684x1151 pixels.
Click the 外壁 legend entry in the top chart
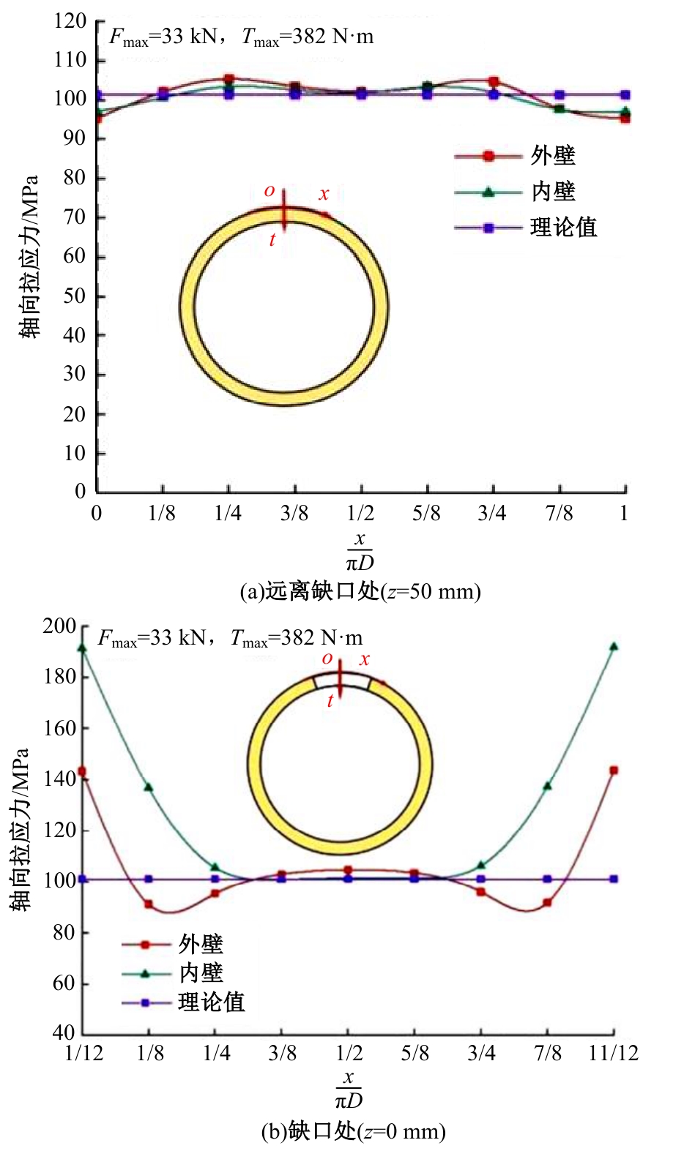552,156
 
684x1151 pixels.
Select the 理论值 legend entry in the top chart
562,228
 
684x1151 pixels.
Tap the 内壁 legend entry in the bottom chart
200,973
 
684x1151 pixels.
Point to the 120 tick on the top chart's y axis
70,21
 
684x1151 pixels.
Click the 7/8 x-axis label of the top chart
559,513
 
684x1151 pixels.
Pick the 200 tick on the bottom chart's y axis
59,626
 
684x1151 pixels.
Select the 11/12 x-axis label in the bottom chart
614,1053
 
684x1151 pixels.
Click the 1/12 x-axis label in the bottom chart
84,1053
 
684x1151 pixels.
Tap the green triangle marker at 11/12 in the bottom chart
614,647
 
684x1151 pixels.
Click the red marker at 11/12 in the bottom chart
614,771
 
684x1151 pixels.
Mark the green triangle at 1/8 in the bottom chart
149,787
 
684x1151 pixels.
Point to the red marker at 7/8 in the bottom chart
547,903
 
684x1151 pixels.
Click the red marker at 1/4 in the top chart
228,79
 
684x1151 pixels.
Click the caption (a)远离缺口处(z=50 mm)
360,591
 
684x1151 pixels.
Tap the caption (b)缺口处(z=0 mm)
354,1131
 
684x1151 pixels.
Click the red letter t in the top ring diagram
272,239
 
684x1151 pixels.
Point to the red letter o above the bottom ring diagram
327,658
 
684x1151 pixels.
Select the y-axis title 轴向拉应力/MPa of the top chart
29,256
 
